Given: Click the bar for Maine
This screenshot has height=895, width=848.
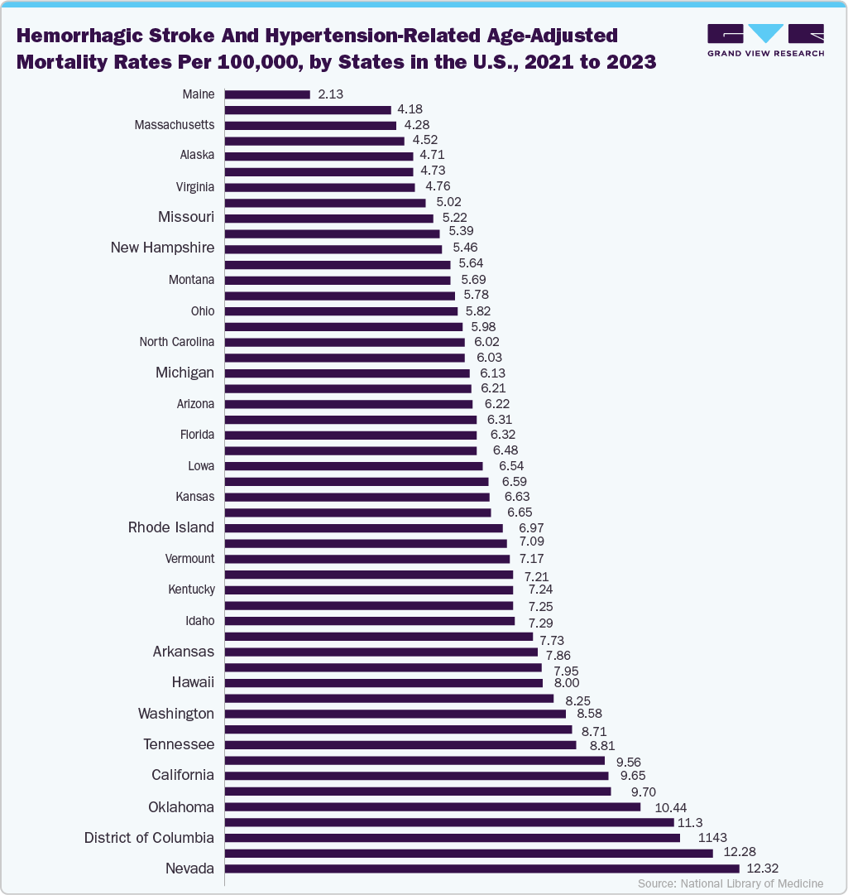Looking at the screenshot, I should click(266, 94).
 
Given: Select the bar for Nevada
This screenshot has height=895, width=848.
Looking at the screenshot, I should click(481, 869).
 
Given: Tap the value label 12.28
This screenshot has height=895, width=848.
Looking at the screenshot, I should click(740, 852).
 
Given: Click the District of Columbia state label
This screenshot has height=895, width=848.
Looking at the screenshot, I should click(149, 838).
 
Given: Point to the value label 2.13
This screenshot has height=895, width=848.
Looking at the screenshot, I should click(331, 94).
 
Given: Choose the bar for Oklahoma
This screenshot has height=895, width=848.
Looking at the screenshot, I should click(432, 806).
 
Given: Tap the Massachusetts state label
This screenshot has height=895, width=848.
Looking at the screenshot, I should click(174, 125).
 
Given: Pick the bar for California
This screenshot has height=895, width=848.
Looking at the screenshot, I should click(416, 776).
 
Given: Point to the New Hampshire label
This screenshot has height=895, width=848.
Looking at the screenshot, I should click(162, 248).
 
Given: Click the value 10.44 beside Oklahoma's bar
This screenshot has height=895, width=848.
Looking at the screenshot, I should click(670, 807).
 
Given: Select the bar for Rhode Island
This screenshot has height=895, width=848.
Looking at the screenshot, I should click(363, 528).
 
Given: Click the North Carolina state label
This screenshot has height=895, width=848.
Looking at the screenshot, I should click(176, 342).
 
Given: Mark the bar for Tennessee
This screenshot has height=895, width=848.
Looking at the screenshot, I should click(400, 745).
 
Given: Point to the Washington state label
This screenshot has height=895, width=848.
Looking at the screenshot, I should click(175, 714).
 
